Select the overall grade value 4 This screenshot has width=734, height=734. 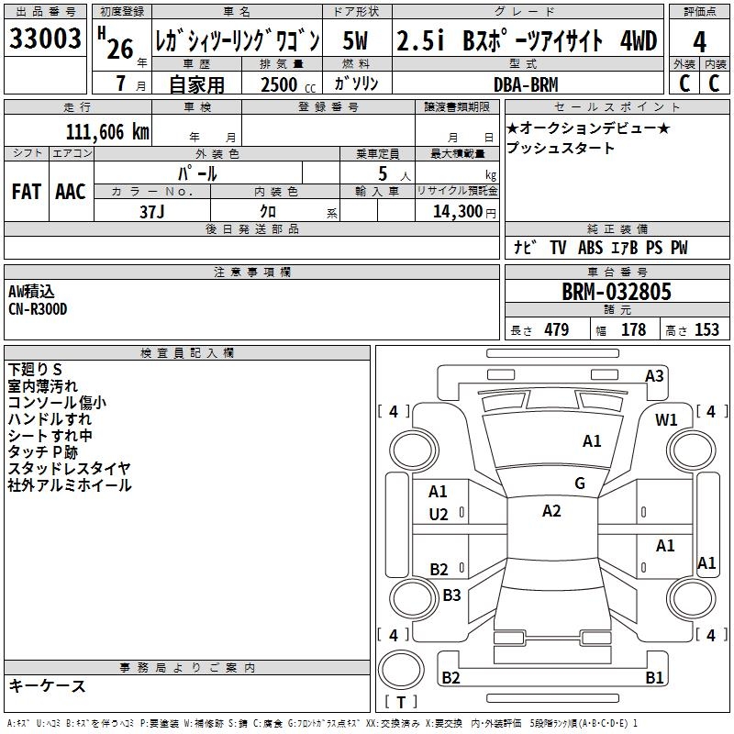point(699,41)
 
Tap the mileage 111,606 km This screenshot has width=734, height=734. point(107,131)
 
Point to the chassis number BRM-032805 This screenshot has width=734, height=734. point(616,293)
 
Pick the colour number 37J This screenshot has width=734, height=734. point(151,211)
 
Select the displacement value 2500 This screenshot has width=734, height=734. point(280,84)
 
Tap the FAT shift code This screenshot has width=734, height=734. point(27,191)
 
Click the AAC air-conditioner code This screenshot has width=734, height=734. point(71,191)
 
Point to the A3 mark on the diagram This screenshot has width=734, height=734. point(654,375)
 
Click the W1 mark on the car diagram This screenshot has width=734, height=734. point(666,420)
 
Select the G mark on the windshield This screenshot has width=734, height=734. point(579,484)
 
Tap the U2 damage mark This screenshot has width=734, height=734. point(439,515)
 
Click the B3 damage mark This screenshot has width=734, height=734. point(451,595)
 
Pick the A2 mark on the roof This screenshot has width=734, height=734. point(550,511)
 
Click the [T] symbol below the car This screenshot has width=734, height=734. point(401,703)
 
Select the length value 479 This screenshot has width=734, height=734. point(555,330)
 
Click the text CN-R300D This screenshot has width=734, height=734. point(38,309)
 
